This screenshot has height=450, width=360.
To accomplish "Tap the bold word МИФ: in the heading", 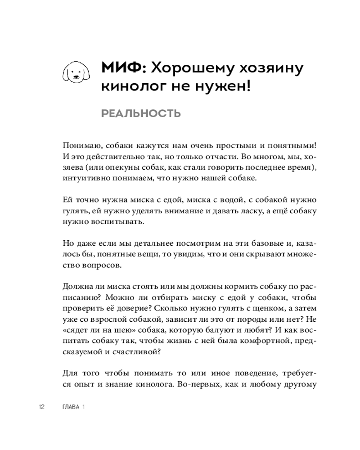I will point(122,68).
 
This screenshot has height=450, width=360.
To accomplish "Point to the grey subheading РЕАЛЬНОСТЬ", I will point(141,113).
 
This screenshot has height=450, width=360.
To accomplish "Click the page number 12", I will point(41,407).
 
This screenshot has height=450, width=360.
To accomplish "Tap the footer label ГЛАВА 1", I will point(73,407).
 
